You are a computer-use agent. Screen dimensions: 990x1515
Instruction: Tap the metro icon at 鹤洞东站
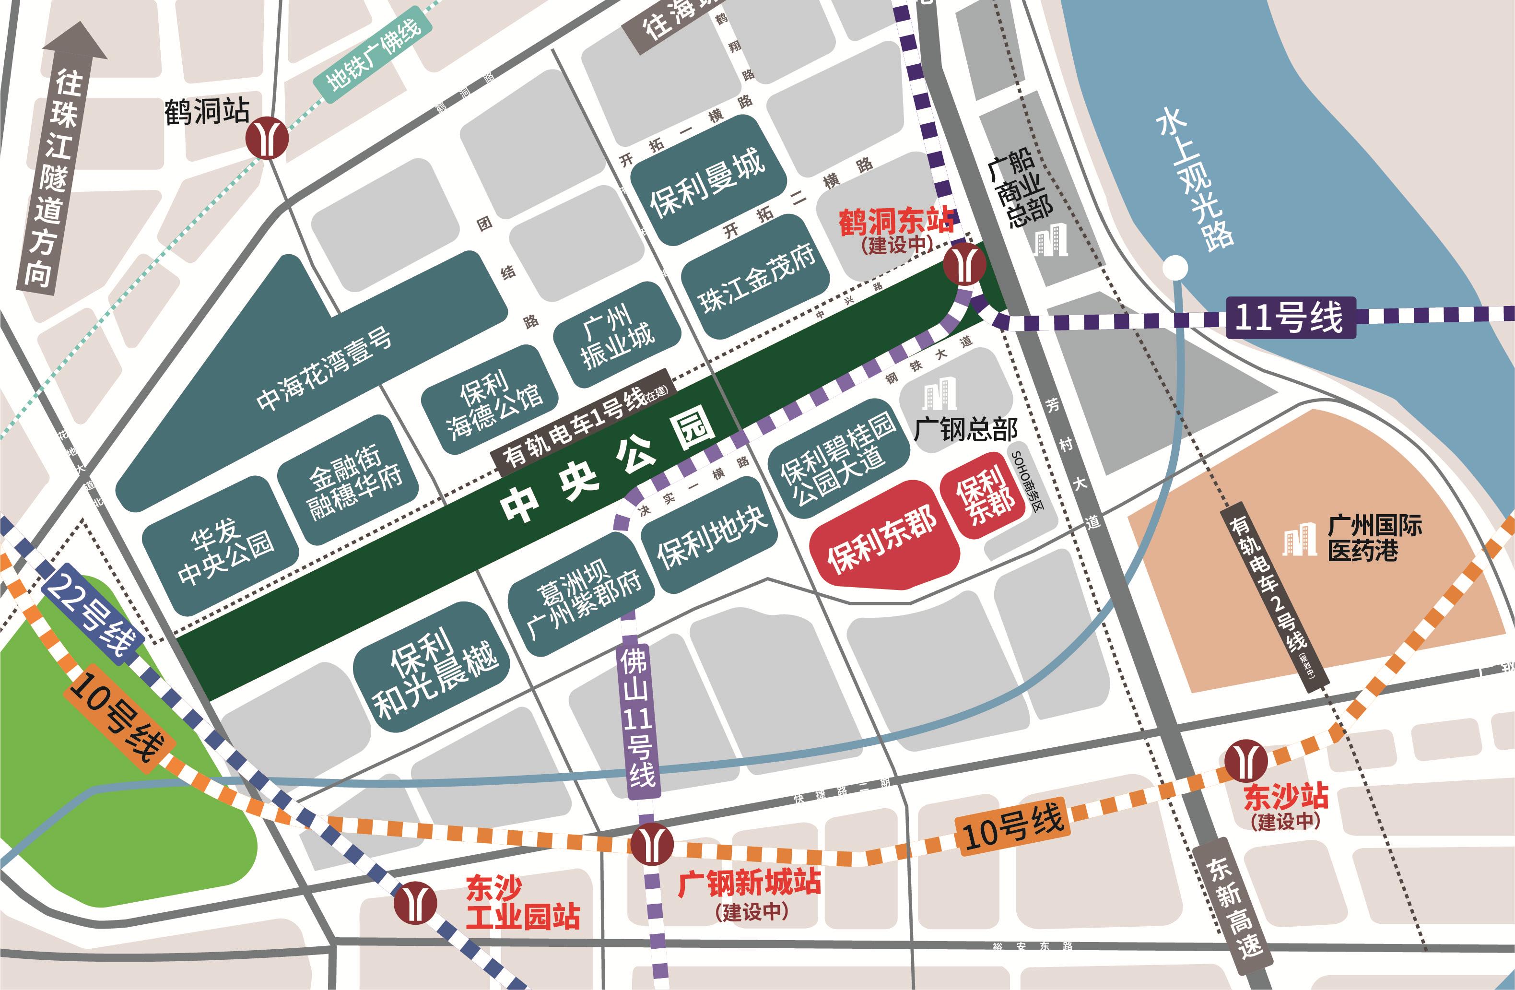click(x=964, y=264)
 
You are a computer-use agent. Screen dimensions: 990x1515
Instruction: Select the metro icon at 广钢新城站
click(x=652, y=844)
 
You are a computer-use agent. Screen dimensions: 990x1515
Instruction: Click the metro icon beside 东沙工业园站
click(x=414, y=902)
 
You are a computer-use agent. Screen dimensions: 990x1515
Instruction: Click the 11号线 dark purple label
click(x=1290, y=317)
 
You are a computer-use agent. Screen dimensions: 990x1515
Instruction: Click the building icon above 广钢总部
click(x=940, y=393)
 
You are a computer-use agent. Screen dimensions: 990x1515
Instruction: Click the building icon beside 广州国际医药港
click(x=1299, y=541)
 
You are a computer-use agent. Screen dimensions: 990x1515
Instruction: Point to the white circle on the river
click(x=1175, y=267)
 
